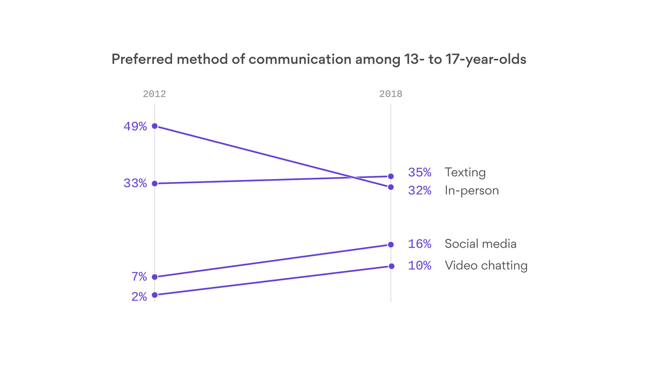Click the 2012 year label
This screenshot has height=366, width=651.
tap(154, 94)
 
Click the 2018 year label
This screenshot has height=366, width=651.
tap(391, 94)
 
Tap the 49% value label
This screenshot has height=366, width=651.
tap(135, 126)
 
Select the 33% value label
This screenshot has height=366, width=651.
tap(135, 183)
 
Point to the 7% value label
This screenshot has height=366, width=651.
tap(139, 277)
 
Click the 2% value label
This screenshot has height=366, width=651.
tap(139, 297)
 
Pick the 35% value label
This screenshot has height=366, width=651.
tap(419, 172)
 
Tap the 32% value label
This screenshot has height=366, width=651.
tap(419, 190)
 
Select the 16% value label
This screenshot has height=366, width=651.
tap(419, 244)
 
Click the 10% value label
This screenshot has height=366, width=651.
tap(419, 266)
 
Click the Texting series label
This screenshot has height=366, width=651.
tap(465, 172)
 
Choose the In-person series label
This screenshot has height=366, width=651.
tap(472, 190)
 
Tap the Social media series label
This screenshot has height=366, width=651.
tap(480, 244)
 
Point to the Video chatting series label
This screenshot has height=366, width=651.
tap(486, 266)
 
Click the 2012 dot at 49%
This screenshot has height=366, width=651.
tap(155, 126)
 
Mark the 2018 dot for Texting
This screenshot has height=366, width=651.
tap(391, 176)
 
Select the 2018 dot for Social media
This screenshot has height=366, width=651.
tap(391, 245)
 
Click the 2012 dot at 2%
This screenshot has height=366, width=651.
tap(155, 295)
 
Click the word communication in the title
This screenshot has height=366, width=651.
tap(300, 59)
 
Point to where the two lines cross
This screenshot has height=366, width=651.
tap(354, 178)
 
